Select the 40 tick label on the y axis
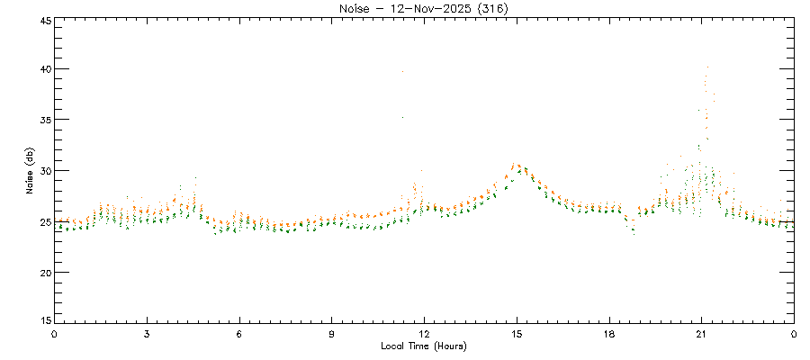[x=44, y=69]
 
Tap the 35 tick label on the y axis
[x=44, y=120]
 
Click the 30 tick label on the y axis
[x=44, y=171]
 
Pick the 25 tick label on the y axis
[x=44, y=221]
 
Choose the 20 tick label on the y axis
[x=44, y=273]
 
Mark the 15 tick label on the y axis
[x=44, y=321]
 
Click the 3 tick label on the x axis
[x=147, y=334]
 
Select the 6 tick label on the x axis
[x=239, y=334]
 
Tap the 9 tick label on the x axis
[x=332, y=334]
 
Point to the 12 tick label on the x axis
[x=424, y=334]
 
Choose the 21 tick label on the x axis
[x=701, y=334]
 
